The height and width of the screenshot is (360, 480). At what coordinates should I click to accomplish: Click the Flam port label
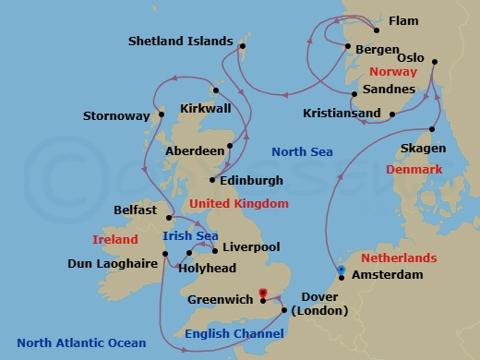tap(402, 20)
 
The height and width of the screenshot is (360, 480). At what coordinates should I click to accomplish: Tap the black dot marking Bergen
tap(346, 47)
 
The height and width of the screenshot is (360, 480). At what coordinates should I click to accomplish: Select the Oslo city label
tap(411, 57)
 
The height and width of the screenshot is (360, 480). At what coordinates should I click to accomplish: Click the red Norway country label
tap(392, 71)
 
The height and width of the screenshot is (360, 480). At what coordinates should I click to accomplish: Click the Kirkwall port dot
tap(214, 90)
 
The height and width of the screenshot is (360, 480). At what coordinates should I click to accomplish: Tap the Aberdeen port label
tap(195, 150)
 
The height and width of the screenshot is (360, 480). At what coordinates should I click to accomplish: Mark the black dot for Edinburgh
tap(213, 180)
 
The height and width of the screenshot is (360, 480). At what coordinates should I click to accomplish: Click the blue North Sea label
tap(302, 151)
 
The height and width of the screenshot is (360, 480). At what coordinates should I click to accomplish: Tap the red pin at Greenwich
tap(263, 294)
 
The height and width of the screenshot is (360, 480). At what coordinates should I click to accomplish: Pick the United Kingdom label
tap(238, 203)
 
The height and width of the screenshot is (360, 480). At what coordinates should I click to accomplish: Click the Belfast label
tap(135, 210)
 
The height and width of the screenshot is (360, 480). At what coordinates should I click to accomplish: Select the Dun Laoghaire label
tap(114, 263)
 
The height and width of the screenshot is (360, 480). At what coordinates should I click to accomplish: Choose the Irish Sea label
tap(190, 236)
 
